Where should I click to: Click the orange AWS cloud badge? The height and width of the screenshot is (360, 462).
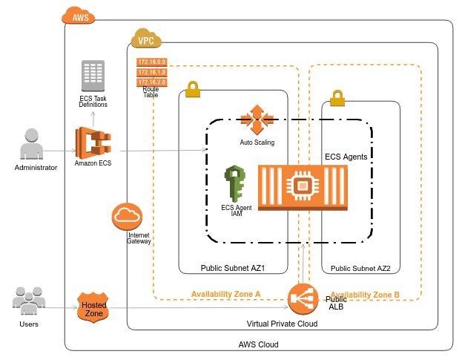pos(79,16)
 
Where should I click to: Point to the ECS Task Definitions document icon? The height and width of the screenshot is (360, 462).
pos(93,76)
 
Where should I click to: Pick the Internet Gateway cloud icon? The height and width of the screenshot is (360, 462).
pos(127,217)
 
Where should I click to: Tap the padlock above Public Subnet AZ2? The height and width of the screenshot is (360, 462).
pos(337,97)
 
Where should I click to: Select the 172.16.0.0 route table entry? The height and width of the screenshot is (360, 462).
pos(152,62)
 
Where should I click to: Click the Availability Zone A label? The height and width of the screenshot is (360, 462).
pos(225,294)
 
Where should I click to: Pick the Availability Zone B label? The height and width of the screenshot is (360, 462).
pos(365,295)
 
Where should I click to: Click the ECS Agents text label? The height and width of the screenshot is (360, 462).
pos(346,157)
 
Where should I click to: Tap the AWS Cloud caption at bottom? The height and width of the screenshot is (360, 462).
pos(258,344)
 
